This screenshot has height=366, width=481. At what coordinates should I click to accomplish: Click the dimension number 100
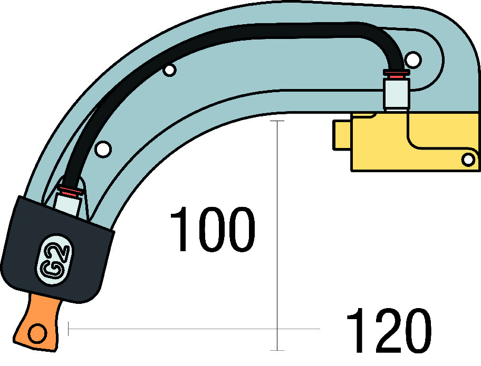(x=213, y=230)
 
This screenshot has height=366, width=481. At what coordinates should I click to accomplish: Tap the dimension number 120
(x=389, y=330)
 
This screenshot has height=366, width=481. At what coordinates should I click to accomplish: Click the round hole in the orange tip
(x=37, y=333)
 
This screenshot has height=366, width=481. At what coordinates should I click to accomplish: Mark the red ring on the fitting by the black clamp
(x=71, y=191)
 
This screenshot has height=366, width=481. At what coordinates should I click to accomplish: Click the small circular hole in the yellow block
(x=468, y=159)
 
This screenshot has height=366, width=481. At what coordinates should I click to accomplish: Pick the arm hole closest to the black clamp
(x=103, y=149)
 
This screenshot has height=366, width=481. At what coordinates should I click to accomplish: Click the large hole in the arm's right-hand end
(x=413, y=60)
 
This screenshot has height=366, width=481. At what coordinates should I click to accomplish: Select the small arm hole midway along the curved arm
(x=169, y=70)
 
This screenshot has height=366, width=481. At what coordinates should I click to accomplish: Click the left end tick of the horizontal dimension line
(x=68, y=329)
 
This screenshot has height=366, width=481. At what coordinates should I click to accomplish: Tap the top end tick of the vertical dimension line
(x=277, y=121)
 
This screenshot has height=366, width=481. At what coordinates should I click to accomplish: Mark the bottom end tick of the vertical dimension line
(x=277, y=350)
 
